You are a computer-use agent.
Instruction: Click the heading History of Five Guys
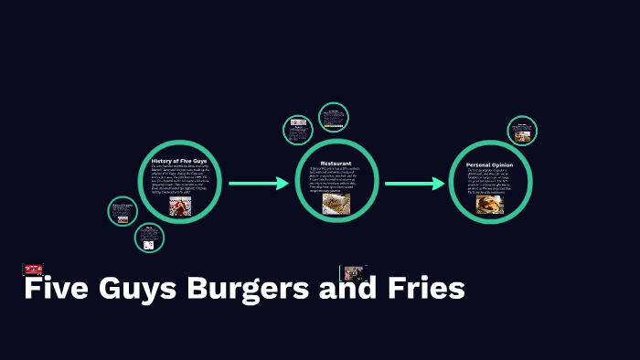[x=181, y=161]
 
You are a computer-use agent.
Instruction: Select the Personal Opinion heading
[x=490, y=164]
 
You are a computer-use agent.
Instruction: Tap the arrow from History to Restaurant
[x=258, y=184]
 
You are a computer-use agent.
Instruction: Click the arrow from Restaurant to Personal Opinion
[x=413, y=184]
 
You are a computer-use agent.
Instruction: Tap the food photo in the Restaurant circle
[x=336, y=203]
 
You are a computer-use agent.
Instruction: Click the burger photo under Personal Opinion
[x=490, y=205]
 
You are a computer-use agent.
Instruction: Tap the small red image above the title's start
[x=33, y=269]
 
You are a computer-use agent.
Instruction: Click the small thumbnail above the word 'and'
[x=353, y=272]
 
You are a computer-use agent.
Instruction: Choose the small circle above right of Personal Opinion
[x=521, y=131]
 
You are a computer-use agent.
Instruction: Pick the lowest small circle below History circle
[x=149, y=238]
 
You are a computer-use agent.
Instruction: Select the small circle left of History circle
[x=122, y=211]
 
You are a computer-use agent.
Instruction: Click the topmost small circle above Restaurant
[x=334, y=117]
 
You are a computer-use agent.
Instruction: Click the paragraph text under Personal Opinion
[x=490, y=181]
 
